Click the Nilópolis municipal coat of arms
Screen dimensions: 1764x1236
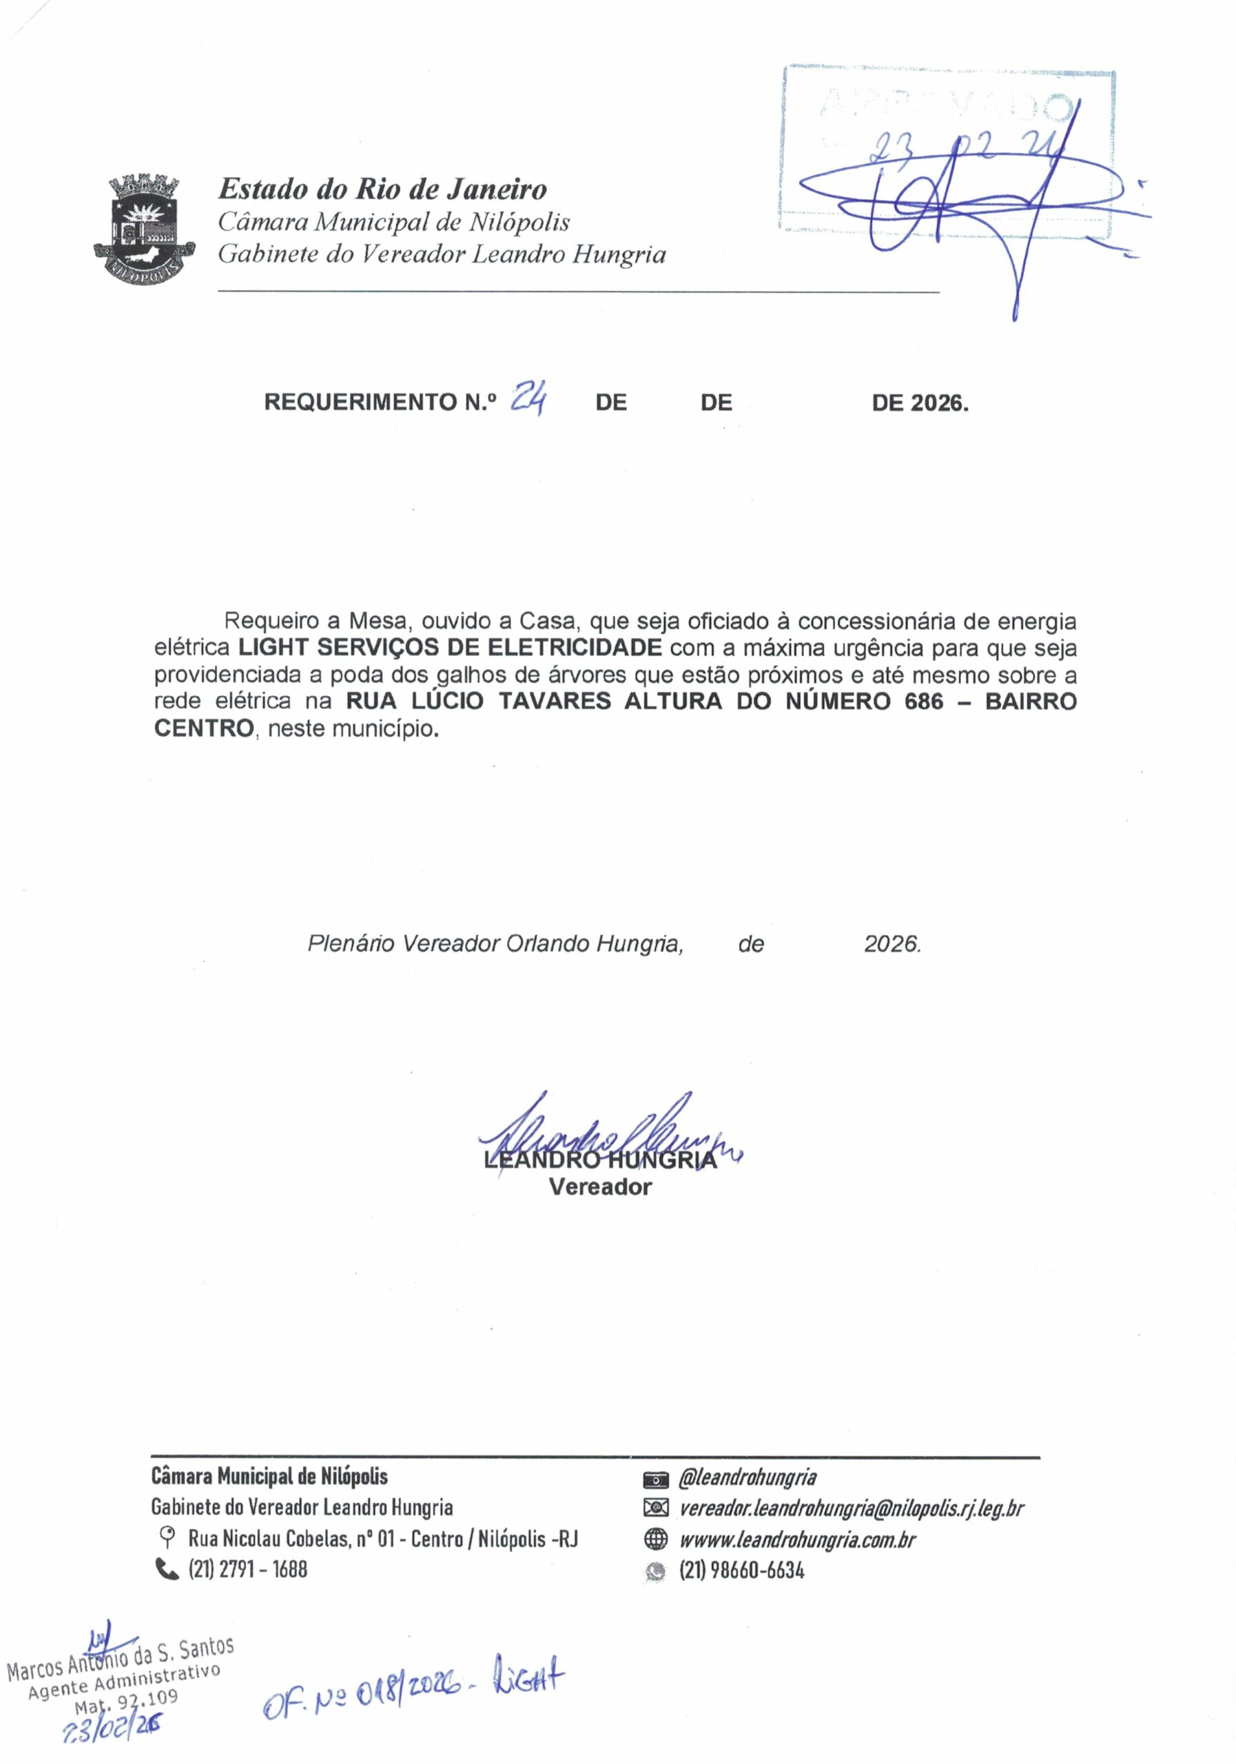[144, 228]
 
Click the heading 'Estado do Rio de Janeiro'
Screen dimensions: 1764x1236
[382, 188]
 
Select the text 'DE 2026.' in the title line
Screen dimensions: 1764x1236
[920, 402]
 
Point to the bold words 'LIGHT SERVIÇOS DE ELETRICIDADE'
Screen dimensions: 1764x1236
[449, 648]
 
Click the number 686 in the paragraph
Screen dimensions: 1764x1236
[923, 701]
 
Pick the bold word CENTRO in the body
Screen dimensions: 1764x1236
[203, 728]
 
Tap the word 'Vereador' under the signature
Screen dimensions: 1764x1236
[600, 1187]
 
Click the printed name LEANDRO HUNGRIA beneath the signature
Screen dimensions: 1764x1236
[600, 1160]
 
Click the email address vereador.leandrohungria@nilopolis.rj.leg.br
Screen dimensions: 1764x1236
[851, 1508]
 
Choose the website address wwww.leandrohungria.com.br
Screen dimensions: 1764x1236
[797, 1539]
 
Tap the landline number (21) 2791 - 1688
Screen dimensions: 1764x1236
[247, 1569]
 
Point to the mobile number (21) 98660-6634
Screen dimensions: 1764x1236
[741, 1570]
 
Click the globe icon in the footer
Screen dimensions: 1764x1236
[655, 1539]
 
